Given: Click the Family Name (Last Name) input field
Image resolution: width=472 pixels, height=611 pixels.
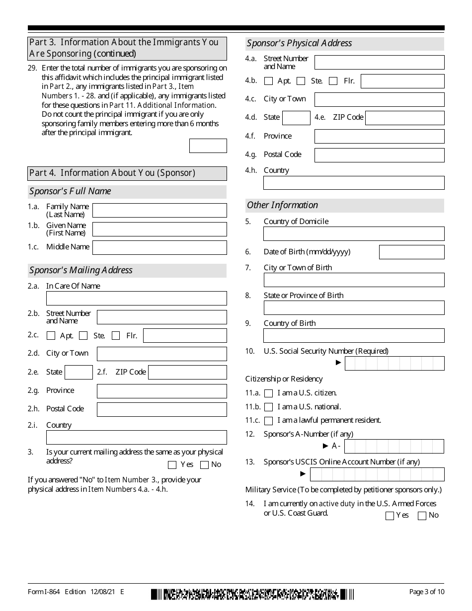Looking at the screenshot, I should (159, 210).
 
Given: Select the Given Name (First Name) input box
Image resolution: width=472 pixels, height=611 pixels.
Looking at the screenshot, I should (159, 229).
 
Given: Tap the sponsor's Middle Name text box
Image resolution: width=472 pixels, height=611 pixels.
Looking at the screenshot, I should (159, 247).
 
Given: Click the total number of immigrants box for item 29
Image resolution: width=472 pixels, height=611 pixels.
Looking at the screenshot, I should (208, 146).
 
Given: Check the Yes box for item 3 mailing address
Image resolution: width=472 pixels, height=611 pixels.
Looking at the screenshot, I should (172, 465).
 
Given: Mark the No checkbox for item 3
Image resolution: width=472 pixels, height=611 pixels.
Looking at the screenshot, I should (204, 465).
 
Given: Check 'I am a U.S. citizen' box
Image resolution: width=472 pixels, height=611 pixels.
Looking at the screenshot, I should (269, 393).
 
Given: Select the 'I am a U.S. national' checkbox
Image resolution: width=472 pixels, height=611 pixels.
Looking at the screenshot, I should (269, 407).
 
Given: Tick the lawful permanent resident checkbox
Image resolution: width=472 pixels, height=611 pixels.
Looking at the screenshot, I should (269, 421).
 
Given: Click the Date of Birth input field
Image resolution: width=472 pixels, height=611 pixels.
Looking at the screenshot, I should (411, 252).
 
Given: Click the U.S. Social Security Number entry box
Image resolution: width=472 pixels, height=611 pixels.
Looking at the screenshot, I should (394, 363).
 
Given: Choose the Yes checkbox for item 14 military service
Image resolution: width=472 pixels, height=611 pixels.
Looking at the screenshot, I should (390, 516).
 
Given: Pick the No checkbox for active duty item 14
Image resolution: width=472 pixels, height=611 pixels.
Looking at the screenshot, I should (422, 516).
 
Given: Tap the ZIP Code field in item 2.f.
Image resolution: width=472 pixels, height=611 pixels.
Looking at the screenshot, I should (187, 372).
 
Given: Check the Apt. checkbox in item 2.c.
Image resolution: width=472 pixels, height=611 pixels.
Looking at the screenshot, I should (51, 336).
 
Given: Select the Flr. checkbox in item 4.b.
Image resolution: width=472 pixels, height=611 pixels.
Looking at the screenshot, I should (333, 81).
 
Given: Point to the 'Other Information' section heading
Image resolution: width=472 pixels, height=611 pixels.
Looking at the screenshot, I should (282, 205).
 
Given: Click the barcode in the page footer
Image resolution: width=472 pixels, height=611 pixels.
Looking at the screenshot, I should (252, 594).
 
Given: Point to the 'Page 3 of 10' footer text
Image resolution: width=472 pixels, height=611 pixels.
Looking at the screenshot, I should (426, 592).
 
